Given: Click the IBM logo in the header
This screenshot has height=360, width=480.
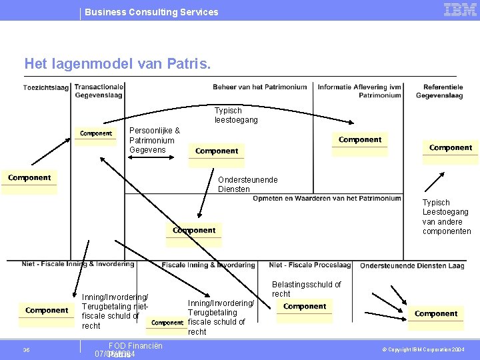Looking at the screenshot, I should point(459,10).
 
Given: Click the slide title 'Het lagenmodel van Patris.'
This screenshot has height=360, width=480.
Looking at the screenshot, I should point(117,64).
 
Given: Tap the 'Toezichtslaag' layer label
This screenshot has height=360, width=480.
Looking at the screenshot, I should point(46,87).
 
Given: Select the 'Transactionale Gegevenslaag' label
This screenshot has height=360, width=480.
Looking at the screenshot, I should point(99,91).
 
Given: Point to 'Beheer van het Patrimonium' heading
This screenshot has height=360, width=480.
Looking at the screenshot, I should point(259,87).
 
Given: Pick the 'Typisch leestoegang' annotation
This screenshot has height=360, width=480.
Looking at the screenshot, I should point(235,115).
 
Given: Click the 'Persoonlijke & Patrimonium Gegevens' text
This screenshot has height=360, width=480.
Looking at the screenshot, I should point(154,140).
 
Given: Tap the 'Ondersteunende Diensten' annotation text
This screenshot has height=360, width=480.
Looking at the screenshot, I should point(247,184).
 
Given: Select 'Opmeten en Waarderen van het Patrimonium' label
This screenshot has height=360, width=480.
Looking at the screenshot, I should point(327,198).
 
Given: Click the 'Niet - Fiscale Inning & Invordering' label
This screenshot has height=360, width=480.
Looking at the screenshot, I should point(78,264).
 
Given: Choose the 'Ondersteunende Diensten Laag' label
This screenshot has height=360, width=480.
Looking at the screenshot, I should point(412,265).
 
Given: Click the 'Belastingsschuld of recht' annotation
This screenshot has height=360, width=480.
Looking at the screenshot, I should point(306,289).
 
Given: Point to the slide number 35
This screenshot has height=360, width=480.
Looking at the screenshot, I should point(26,350).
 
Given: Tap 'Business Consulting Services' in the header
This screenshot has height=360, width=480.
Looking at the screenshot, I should point(151,12).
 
